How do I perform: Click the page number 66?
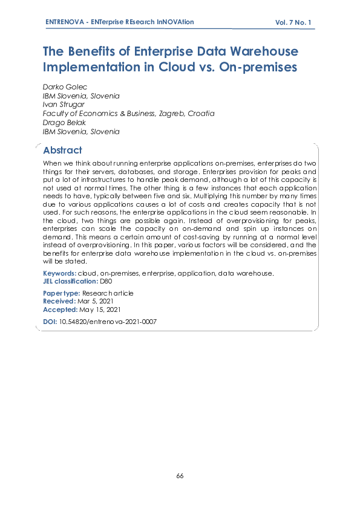180,476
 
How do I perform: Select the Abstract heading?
62,150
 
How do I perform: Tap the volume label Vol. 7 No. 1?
293,22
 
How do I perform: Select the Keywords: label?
59,273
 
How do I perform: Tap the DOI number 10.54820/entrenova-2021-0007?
108,322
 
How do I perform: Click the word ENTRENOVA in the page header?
65,22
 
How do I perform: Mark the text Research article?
108,293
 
